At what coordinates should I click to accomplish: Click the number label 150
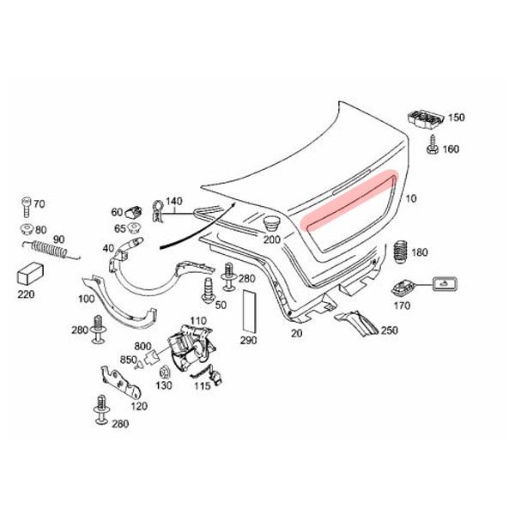click(456, 118)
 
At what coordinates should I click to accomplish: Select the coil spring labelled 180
click(399, 254)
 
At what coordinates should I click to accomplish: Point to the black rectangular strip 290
click(249, 310)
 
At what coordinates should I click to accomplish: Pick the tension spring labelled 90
click(51, 250)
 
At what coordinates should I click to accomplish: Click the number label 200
click(272, 239)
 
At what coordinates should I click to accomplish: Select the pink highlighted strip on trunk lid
click(351, 199)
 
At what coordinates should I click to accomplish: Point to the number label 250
click(389, 330)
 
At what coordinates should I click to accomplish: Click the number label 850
click(129, 360)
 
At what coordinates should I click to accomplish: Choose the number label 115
click(202, 386)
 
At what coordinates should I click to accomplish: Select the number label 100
click(86, 300)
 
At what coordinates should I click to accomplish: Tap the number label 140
click(174, 203)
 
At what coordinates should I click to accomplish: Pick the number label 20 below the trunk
click(297, 333)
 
